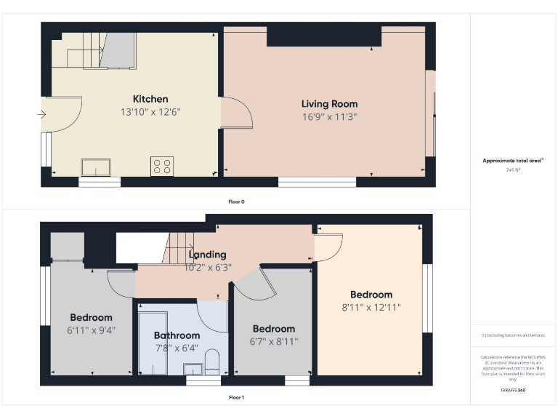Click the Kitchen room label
(150, 99)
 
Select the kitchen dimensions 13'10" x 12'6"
(150, 112)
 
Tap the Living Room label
(330, 104)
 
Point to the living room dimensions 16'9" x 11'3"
(330, 116)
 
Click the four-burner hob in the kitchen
(161, 166)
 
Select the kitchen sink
(96, 168)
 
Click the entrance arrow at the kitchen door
(41, 114)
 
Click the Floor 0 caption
(236, 201)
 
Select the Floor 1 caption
(236, 398)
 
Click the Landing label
(207, 255)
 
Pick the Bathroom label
(177, 335)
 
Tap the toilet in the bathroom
(212, 362)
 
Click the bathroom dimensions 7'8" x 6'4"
(177, 348)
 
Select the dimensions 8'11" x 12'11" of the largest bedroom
(371, 307)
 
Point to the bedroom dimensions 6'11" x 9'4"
(92, 330)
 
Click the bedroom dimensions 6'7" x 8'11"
(274, 341)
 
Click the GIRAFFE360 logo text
(513, 391)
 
